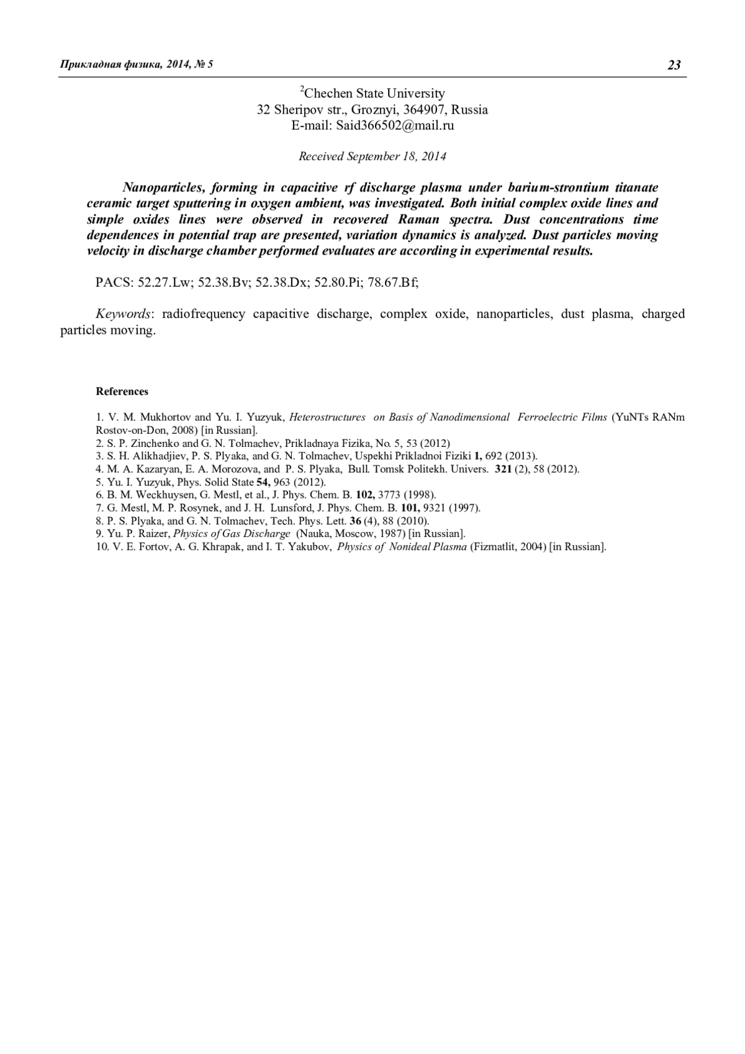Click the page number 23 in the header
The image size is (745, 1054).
tap(674, 65)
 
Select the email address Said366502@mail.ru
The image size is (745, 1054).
tap(395, 125)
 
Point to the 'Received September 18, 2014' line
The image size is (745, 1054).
tap(372, 156)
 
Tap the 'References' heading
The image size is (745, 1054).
tap(122, 392)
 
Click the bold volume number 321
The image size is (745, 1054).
tap(503, 469)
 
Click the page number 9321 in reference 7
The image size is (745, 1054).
tap(435, 508)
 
